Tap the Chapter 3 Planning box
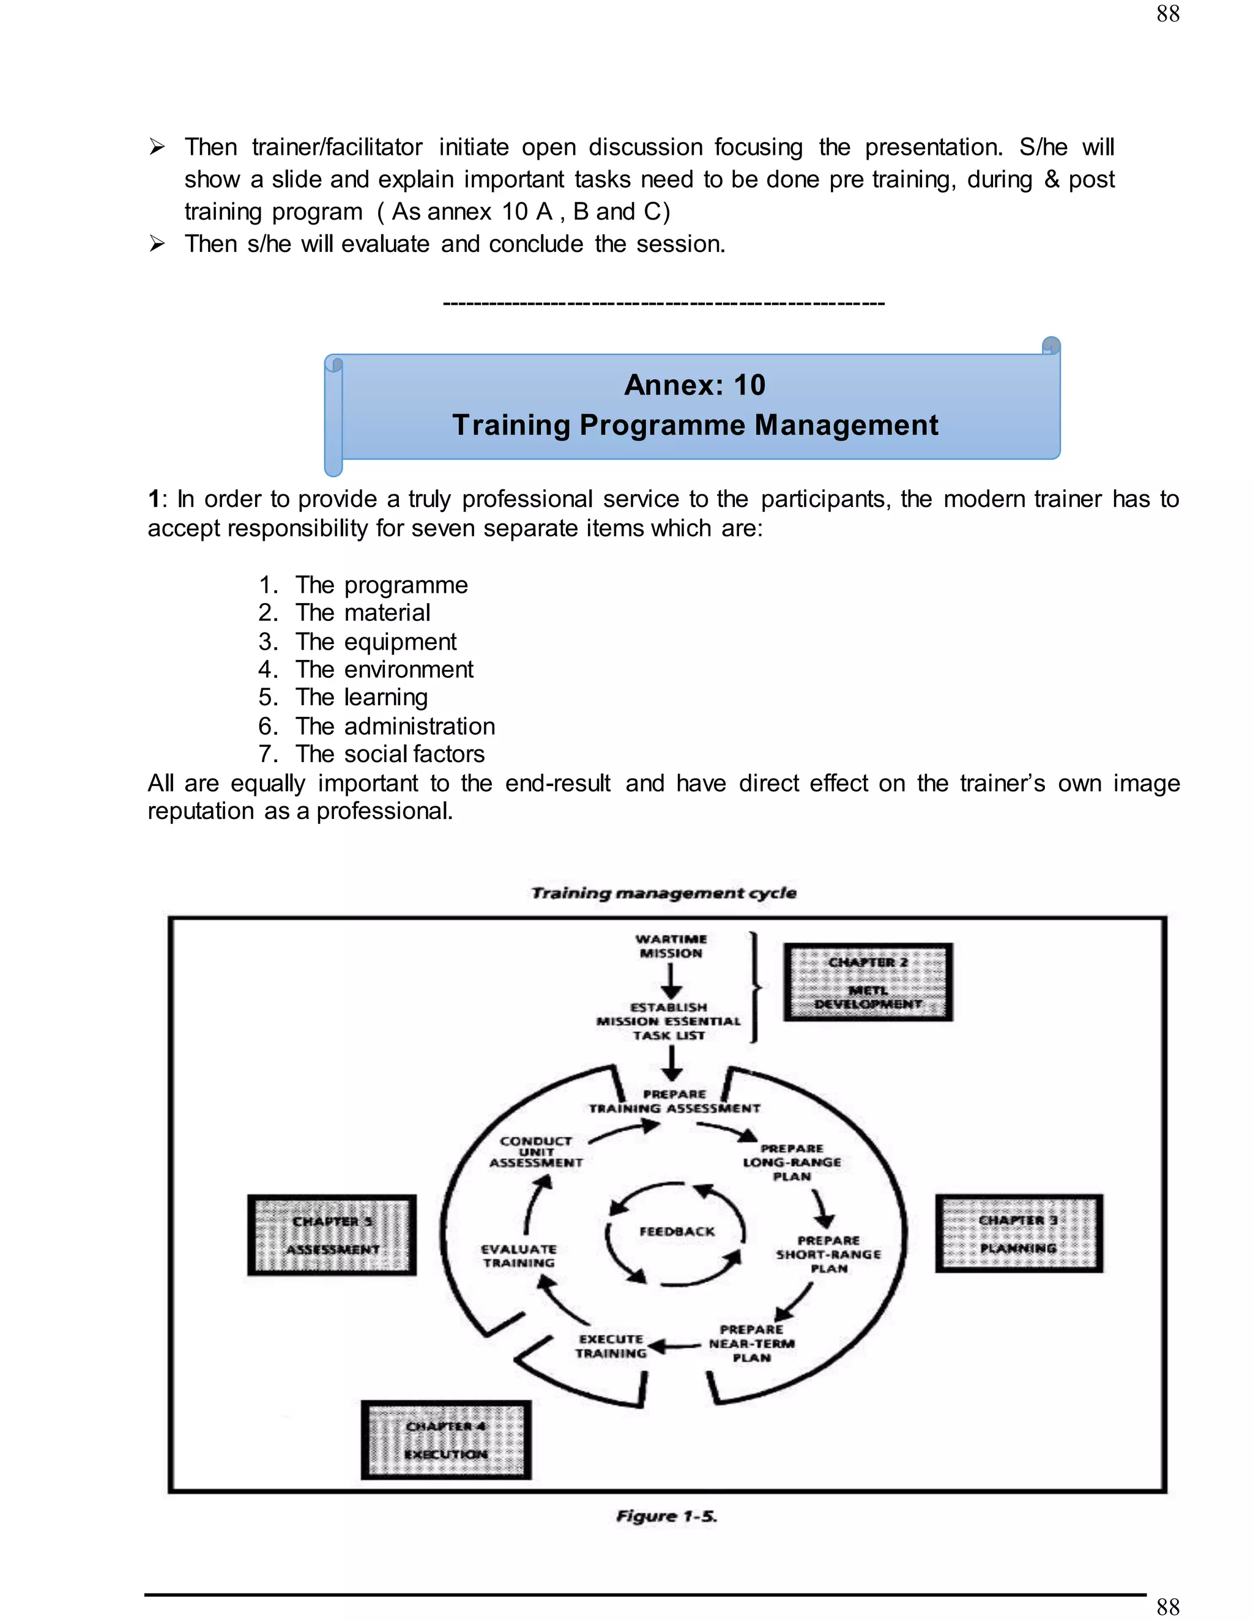tap(1019, 1234)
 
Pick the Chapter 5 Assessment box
tap(332, 1235)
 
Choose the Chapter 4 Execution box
tap(446, 1440)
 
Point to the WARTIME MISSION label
tap(671, 946)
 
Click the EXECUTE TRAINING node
tap(611, 1346)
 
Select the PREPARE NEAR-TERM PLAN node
tap(751, 1343)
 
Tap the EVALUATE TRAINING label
tap(518, 1256)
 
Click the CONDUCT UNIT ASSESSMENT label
tap(536, 1152)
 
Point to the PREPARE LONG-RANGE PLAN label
tap(792, 1162)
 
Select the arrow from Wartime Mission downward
tap(671, 981)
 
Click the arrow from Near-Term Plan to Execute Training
tap(674, 1346)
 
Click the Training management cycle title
tap(664, 893)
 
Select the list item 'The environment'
tap(384, 669)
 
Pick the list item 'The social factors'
tap(390, 754)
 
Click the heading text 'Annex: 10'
tap(695, 385)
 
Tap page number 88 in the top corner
tap(1167, 13)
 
